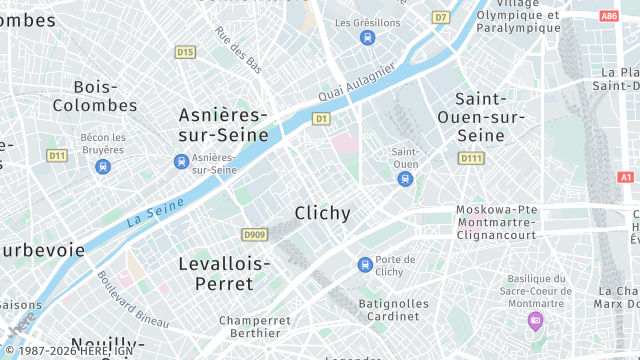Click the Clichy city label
tap(323, 213)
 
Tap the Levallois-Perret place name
tap(224, 273)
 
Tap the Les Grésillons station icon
tap(367, 38)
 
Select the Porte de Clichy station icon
tap(365, 265)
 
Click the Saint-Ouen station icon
tap(405, 180)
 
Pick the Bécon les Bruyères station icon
tap(103, 166)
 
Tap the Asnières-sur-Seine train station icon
tap(181, 161)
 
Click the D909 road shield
tap(255, 235)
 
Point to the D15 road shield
tap(185, 52)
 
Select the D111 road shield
tap(470, 158)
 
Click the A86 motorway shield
tap(609, 16)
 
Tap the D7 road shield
tap(441, 17)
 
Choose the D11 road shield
tap(57, 155)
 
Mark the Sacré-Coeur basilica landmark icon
tap(535, 321)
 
